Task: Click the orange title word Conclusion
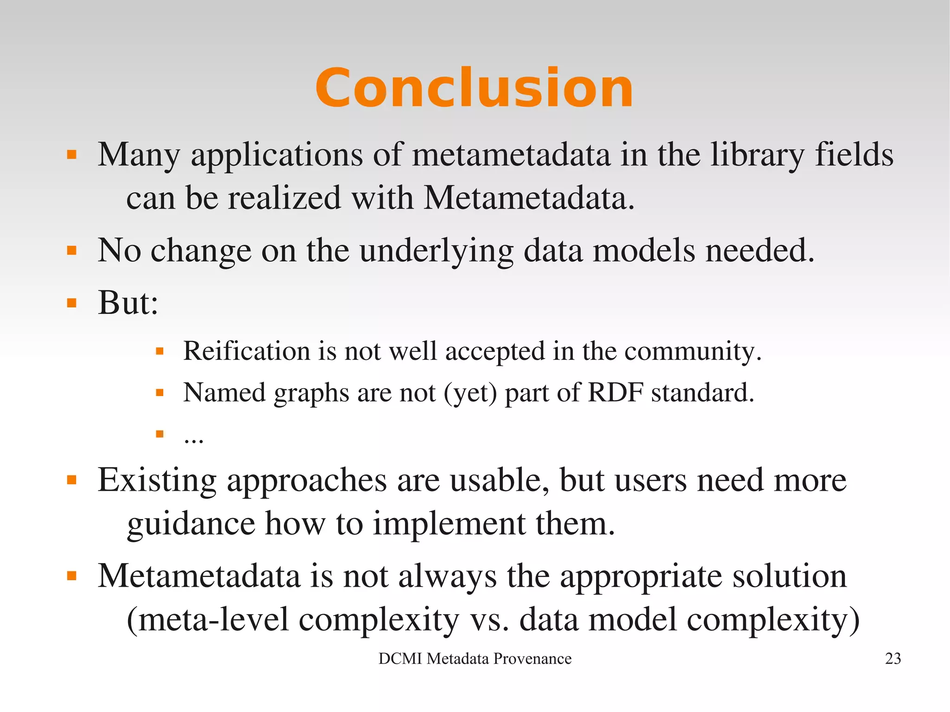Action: pyautogui.click(x=474, y=88)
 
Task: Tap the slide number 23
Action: pyautogui.click(x=892, y=659)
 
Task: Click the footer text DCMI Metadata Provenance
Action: pyautogui.click(x=475, y=659)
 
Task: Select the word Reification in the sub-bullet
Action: pyautogui.click(x=246, y=351)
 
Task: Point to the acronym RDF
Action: pyautogui.click(x=615, y=392)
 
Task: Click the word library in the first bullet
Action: pyautogui.click(x=757, y=155)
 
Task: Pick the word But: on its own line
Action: pyautogui.click(x=128, y=303)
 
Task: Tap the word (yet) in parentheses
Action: pyautogui.click(x=470, y=393)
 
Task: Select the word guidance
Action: pyautogui.click(x=191, y=524)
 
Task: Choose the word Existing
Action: pyautogui.click(x=157, y=481)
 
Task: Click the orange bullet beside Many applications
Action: pyautogui.click(x=71, y=154)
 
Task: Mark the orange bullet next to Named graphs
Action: pyautogui.click(x=160, y=393)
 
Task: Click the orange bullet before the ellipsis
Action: pyautogui.click(x=160, y=434)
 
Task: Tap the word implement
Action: pyautogui.click(x=449, y=524)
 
